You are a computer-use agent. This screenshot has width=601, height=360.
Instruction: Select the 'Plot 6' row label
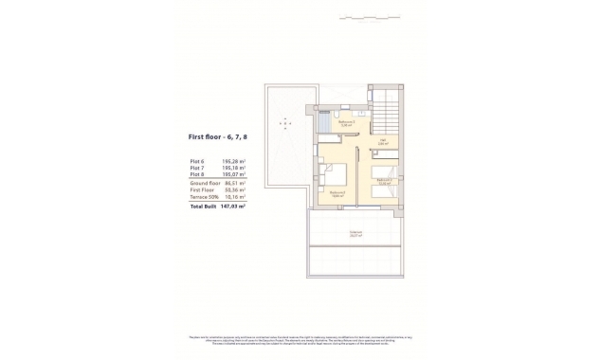[197, 161]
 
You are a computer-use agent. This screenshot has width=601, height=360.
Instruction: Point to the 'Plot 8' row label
[197, 174]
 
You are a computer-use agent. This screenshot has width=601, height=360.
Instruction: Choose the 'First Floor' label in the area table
[202, 190]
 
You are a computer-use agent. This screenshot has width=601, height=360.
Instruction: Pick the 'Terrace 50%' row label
[204, 197]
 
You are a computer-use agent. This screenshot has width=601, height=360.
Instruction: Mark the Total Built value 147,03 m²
[233, 206]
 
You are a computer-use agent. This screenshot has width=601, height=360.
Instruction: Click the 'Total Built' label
[203, 206]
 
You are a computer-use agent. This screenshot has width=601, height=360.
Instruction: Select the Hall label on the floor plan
[383, 142]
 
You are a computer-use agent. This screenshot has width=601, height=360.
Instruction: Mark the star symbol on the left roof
[284, 123]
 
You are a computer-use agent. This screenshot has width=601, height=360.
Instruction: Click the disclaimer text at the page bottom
[300, 341]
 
